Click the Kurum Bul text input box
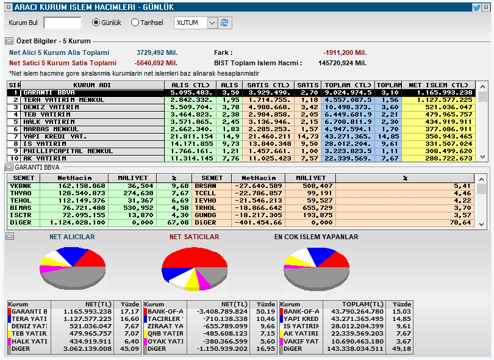pos(62,23)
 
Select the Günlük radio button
pos(96,23)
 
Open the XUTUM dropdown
pos(212,23)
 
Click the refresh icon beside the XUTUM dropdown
pos(226,23)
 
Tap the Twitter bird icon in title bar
pos(476,7)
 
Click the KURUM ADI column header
pos(92,85)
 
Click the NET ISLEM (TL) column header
pos(441,85)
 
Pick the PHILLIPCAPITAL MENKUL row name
pos(60,151)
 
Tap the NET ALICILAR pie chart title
pos(72,237)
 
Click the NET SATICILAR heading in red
pos(194,237)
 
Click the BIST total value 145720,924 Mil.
pos(343,63)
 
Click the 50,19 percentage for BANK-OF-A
pos(265,311)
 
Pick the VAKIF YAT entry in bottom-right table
pos(301,341)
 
